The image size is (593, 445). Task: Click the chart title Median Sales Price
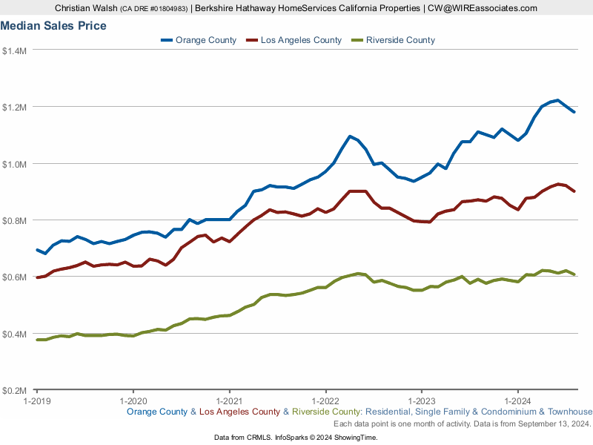[x=53, y=26]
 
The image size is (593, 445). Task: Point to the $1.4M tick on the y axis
[x=15, y=50]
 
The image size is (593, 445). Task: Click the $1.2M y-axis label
[x=15, y=107]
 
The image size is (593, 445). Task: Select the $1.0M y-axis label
[x=15, y=163]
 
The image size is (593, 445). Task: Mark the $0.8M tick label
[x=15, y=220]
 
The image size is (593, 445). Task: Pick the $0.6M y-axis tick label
[x=15, y=277]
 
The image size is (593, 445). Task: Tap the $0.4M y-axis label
[x=15, y=334]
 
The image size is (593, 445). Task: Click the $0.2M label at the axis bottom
[x=15, y=390]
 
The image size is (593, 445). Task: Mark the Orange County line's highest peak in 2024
[x=557, y=100]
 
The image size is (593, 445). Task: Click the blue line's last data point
[x=574, y=112]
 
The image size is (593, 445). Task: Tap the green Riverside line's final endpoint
[x=574, y=274]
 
